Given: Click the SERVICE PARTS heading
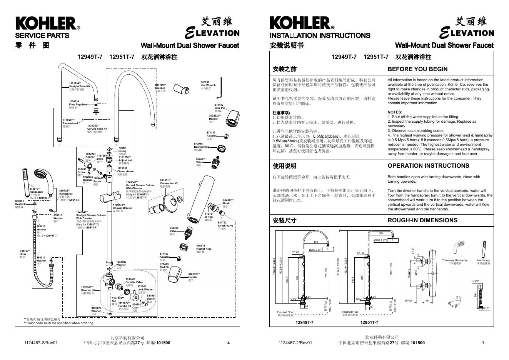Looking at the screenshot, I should (x=42, y=35).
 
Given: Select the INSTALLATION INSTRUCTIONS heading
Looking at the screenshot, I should (x=320, y=35).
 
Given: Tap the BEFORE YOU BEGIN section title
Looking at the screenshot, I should (x=417, y=69).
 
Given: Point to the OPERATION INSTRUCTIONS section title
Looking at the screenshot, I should (x=428, y=166).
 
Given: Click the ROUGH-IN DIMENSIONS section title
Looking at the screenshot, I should (x=422, y=220).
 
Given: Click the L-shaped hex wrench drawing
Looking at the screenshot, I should (x=220, y=90).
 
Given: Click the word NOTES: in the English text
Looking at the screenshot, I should (x=395, y=112).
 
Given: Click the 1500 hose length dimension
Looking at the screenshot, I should (x=475, y=295).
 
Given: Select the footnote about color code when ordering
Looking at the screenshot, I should (x=58, y=323).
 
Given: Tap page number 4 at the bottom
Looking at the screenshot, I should (x=229, y=343).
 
